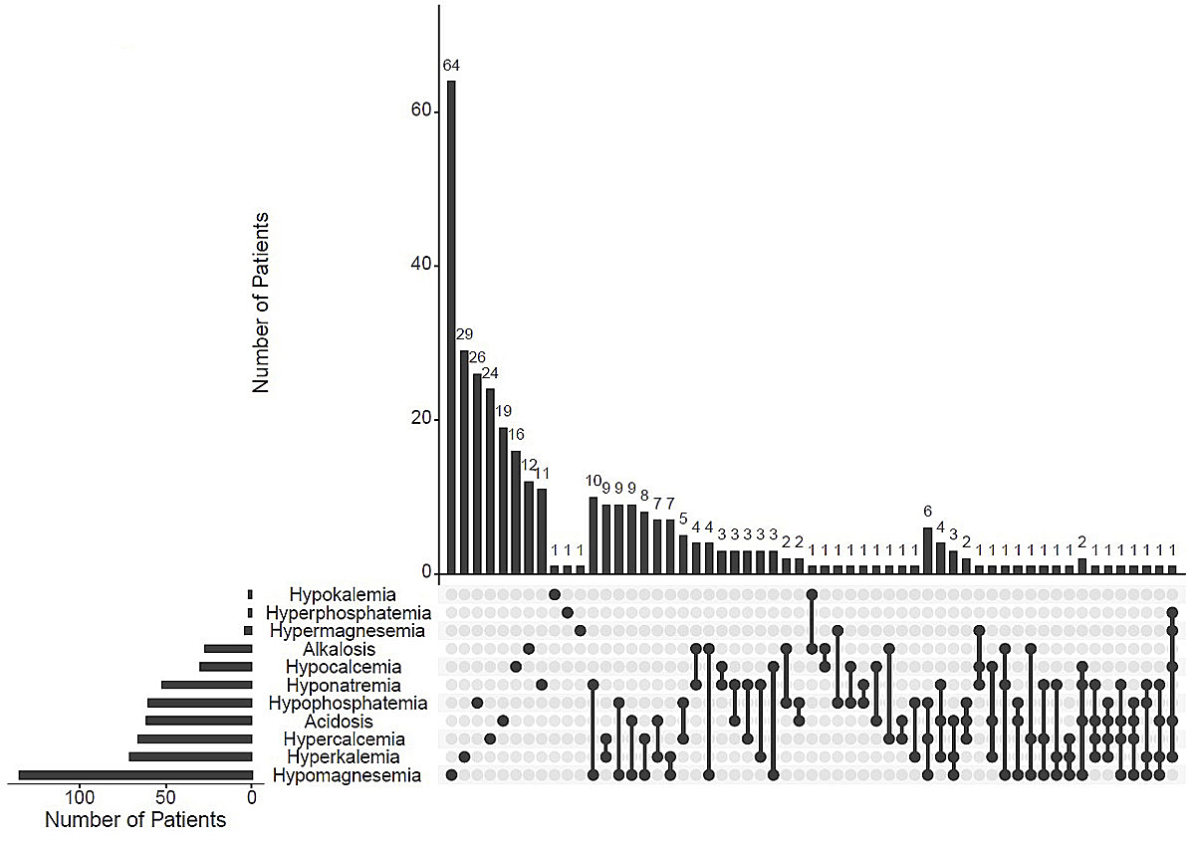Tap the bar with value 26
point(477,474)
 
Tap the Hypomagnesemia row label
point(347,775)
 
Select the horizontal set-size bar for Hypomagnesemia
point(135,775)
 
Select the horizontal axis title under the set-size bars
point(135,820)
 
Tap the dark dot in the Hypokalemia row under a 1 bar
point(555,595)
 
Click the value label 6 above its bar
point(927,511)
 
